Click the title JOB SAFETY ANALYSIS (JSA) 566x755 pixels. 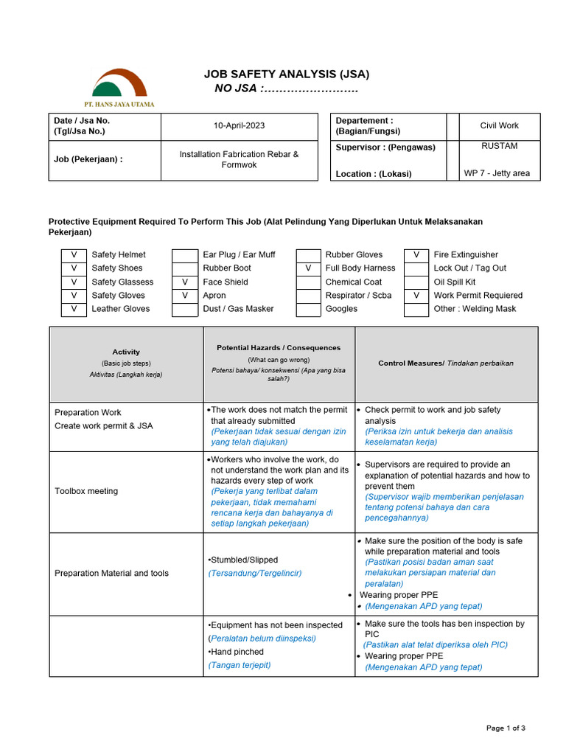click(x=287, y=74)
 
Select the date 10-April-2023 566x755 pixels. click(x=239, y=126)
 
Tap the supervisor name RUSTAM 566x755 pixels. click(x=499, y=146)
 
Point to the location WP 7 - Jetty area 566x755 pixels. click(x=496, y=174)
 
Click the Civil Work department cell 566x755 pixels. click(x=499, y=126)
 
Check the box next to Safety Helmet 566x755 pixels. click(x=74, y=255)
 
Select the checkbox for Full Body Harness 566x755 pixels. click(x=308, y=268)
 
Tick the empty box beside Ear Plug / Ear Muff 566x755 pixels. click(x=185, y=255)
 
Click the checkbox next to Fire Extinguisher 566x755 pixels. click(x=416, y=255)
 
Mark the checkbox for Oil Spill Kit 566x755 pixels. click(x=416, y=282)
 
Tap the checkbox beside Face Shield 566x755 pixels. click(x=185, y=282)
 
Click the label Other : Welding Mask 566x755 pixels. click(x=475, y=309)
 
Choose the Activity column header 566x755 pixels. click(x=126, y=352)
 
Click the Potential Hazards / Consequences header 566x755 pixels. click(x=279, y=347)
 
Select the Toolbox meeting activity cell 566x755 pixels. click(x=86, y=491)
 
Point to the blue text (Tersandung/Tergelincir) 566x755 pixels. click(x=255, y=573)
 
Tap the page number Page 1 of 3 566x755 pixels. click(x=506, y=728)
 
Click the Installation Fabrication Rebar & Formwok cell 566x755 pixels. click(x=239, y=159)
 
